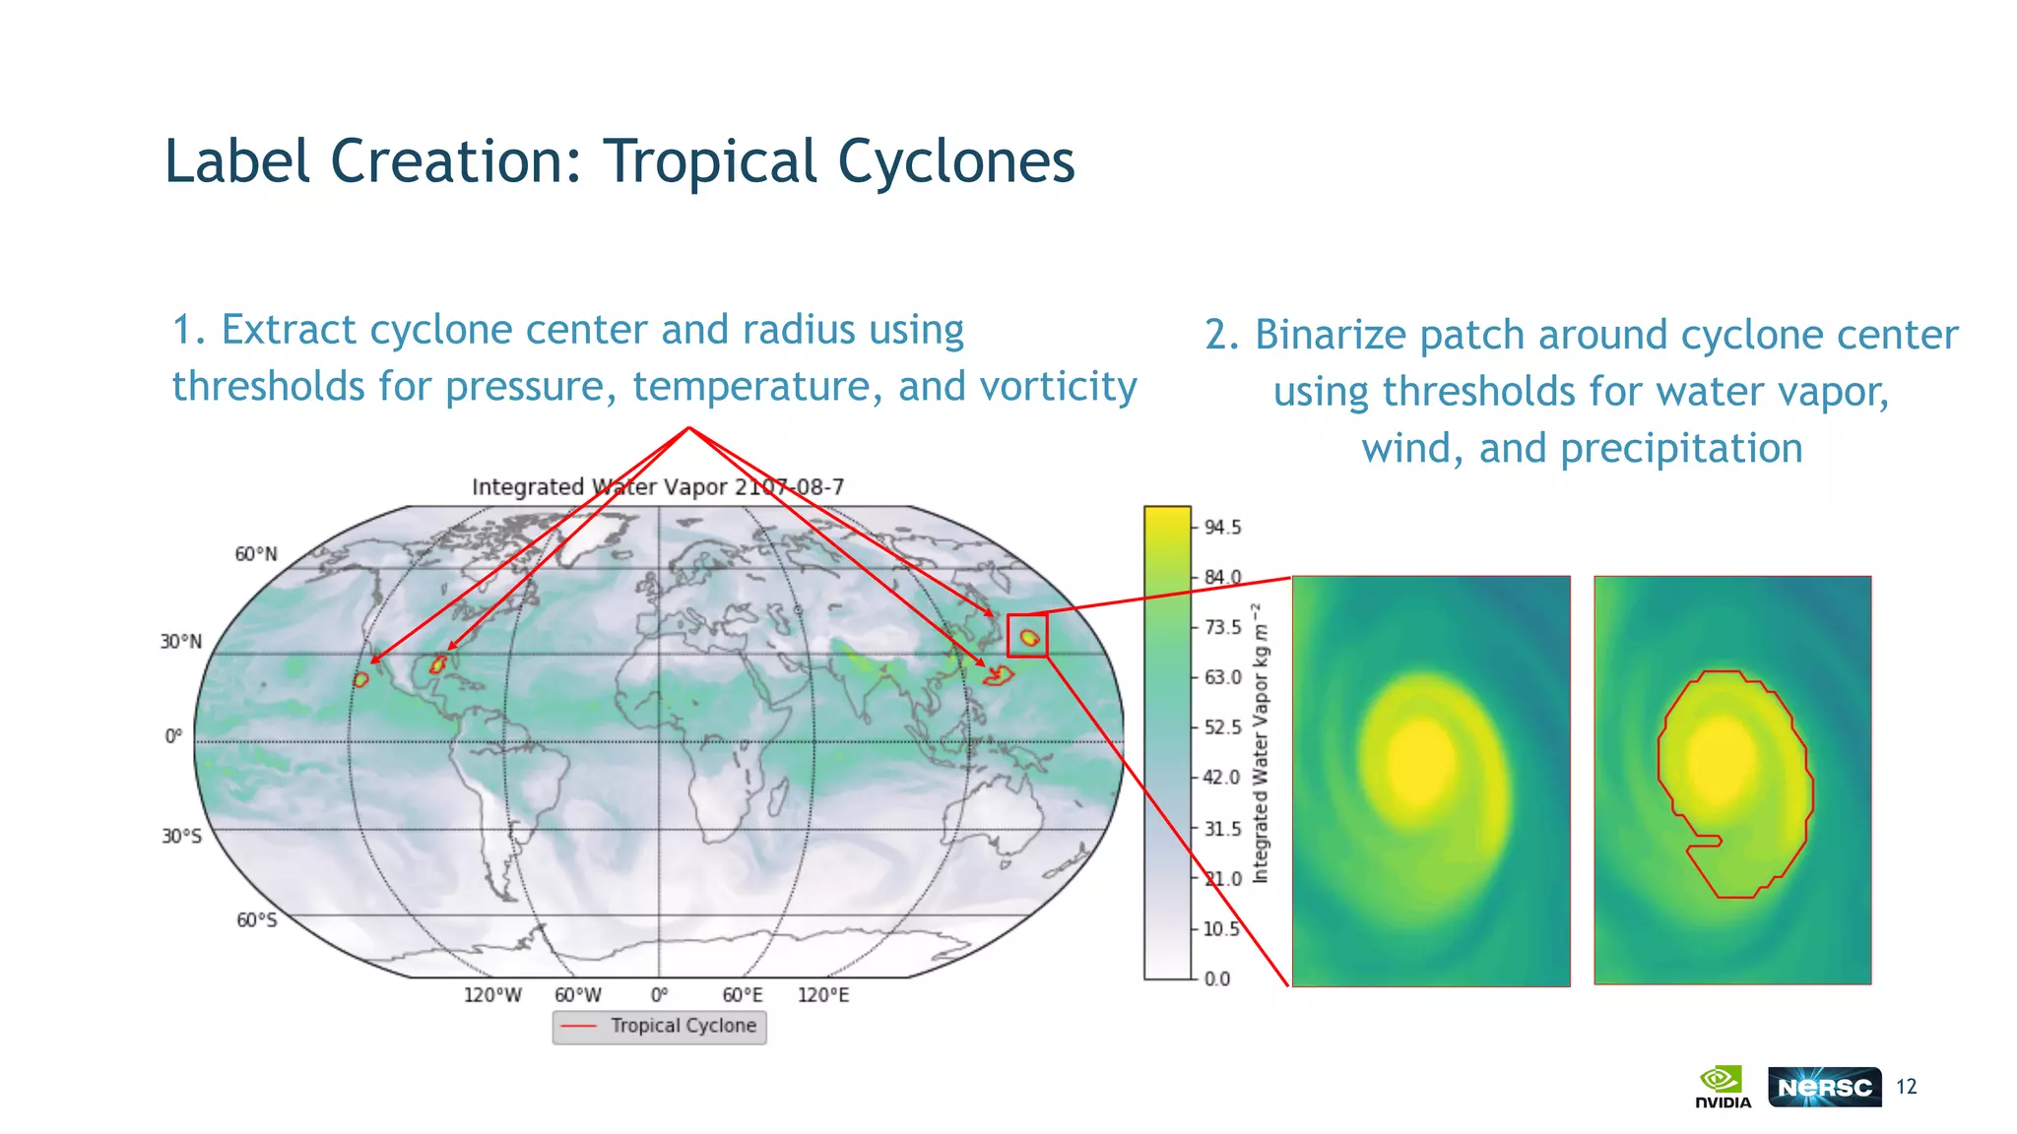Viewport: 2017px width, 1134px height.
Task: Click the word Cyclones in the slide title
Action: click(956, 161)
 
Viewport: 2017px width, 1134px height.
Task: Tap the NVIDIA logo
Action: click(1723, 1087)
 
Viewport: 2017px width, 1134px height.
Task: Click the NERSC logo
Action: click(1824, 1087)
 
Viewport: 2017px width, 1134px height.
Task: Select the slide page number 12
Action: click(1907, 1087)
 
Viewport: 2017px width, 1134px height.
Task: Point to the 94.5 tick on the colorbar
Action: click(1222, 528)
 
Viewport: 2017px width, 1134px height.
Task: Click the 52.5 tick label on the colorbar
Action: click(1222, 727)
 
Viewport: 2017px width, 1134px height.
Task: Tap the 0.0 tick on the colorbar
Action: click(1217, 978)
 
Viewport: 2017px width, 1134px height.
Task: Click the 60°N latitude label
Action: click(256, 554)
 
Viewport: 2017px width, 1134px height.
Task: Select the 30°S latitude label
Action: click(182, 836)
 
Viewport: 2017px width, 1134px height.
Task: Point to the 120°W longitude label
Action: click(492, 995)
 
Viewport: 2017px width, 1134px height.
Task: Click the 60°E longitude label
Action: click(743, 995)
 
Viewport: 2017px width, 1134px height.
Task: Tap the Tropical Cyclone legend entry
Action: click(683, 1026)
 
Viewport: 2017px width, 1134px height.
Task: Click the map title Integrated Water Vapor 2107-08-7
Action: click(658, 487)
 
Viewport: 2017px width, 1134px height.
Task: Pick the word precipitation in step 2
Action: click(1681, 449)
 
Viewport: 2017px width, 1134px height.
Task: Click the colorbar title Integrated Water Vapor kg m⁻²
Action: click(1261, 743)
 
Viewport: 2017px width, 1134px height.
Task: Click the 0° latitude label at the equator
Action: click(173, 737)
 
